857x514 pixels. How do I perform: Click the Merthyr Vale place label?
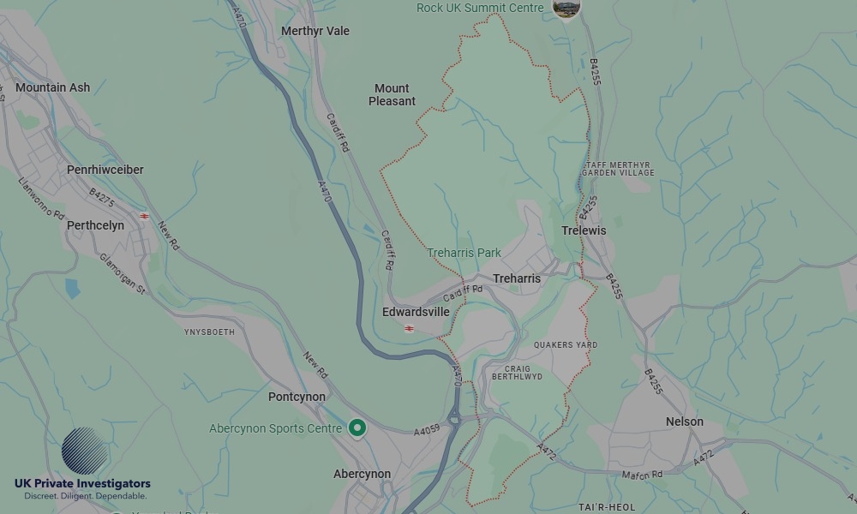315,31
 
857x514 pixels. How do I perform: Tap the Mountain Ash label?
52,87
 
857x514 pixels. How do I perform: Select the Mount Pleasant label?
392,94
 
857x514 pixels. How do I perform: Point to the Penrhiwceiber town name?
105,170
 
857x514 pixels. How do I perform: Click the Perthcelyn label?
95,225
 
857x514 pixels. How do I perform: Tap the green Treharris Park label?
464,253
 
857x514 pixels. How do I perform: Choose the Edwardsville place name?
416,312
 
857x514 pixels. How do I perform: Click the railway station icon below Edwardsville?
410,328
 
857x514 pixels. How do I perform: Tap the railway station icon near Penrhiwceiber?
144,216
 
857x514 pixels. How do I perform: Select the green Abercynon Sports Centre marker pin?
357,428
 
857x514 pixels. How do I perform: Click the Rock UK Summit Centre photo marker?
566,8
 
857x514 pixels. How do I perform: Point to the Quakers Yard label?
566,344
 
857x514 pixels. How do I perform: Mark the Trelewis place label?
584,230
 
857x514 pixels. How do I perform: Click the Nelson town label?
685,421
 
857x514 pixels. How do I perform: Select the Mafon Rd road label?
643,475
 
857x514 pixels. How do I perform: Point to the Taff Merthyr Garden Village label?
618,169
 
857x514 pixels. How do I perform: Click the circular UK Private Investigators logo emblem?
85,451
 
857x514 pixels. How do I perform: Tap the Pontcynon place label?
297,397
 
